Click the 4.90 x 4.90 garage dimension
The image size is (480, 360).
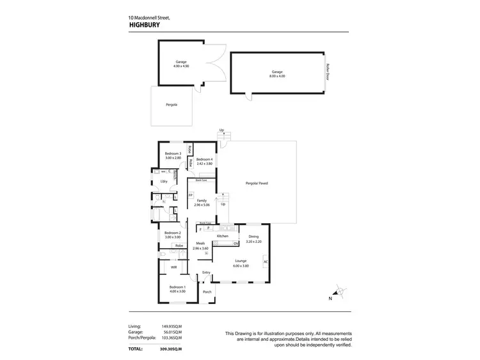coord(181,65)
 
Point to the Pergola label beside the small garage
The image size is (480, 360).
coord(171,104)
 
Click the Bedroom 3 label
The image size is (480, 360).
coord(173,153)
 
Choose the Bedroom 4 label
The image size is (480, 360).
coord(204,159)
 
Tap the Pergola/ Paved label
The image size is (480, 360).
coord(257,183)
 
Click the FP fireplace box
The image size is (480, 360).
coord(191,195)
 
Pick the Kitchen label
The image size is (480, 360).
coord(223,236)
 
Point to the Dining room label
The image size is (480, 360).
coord(253,237)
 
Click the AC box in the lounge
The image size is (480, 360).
coord(266,262)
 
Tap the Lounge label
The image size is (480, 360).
coord(241,260)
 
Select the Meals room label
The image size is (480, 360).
coord(200,244)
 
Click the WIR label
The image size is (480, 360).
coord(174,267)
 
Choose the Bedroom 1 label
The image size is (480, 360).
coord(177,286)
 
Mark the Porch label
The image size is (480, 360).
coord(207,292)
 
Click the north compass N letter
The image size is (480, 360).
coord(330,299)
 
